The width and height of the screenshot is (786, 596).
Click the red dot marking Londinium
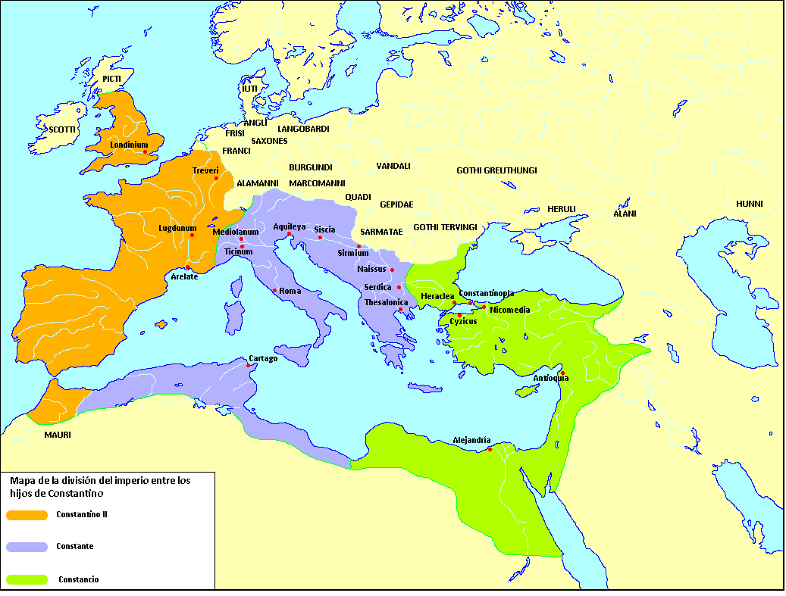point(146,152)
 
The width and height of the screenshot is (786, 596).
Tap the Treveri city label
point(205,170)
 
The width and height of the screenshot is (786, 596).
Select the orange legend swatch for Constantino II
point(26,515)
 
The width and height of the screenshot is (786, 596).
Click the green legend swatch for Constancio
point(26,580)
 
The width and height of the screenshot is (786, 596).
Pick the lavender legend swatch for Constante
point(26,546)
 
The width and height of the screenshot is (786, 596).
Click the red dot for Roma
point(274,290)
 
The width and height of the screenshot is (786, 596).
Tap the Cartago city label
point(263,358)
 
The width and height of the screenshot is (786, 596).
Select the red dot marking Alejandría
point(490,450)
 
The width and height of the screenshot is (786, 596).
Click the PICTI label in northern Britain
point(111,79)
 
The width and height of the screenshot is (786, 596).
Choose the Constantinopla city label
point(487,293)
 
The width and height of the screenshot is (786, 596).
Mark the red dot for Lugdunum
point(192,236)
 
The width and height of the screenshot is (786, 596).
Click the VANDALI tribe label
point(393,166)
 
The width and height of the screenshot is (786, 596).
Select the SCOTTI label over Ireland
point(63,129)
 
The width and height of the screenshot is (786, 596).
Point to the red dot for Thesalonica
point(401,309)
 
